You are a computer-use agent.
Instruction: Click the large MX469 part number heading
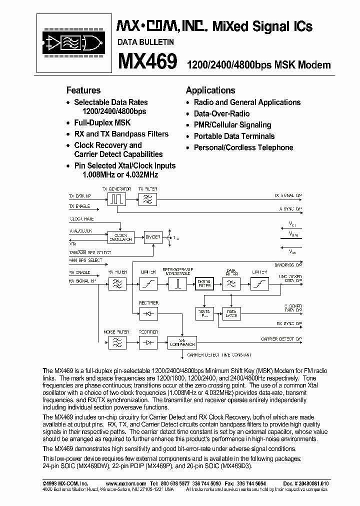147,62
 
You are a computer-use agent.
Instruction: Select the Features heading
83,90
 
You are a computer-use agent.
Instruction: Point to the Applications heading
210,90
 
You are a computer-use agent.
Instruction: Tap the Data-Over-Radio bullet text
221,113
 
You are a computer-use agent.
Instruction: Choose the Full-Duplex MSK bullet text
102,122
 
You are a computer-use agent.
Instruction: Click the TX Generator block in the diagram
116,199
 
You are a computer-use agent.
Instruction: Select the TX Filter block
148,199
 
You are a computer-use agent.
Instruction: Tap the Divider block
152,236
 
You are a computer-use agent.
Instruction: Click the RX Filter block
117,283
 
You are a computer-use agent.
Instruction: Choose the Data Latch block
232,314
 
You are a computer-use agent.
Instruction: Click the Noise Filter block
116,342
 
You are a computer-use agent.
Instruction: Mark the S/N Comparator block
182,342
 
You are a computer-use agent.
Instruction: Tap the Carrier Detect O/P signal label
281,339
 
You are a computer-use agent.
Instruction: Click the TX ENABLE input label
79,205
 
